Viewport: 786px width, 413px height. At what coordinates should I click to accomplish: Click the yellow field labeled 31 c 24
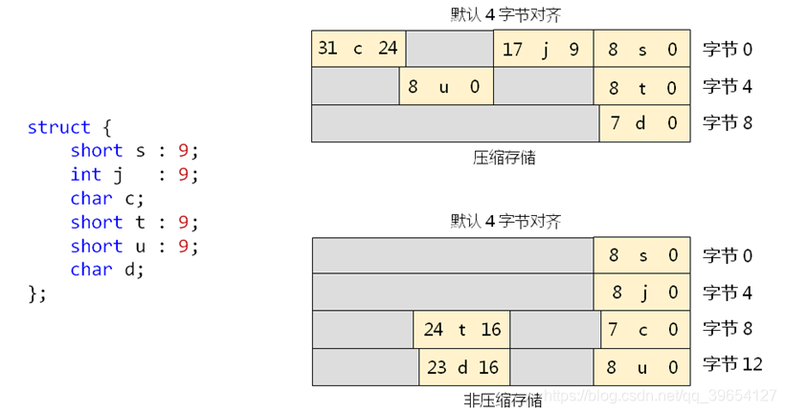coord(358,49)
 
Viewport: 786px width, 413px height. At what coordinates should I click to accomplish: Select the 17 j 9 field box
coord(543,49)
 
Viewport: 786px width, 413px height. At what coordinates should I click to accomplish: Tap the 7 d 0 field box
coord(644,123)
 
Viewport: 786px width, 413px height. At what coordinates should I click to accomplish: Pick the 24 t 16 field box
coord(461,330)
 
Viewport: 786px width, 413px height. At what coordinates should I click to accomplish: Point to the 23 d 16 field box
coord(464,367)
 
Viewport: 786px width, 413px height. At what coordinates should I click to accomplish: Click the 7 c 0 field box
coord(642,330)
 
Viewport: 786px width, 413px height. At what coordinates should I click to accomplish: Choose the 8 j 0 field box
coord(642,293)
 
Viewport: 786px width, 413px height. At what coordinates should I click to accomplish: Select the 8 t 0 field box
coord(642,88)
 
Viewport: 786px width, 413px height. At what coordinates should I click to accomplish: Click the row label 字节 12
coord(732,364)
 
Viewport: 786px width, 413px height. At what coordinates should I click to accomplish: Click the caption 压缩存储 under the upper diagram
coord(505,157)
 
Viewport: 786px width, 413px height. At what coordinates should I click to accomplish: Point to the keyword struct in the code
coord(58,127)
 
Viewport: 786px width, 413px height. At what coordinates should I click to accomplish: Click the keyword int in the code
coord(85,174)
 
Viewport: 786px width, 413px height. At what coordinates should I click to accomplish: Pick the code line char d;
coord(106,270)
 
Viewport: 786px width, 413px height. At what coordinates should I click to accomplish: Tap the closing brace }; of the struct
coord(37,293)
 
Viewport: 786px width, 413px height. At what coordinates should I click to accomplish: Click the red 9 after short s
coord(183,150)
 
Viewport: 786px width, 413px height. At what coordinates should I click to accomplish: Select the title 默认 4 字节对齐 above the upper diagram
coord(505,14)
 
